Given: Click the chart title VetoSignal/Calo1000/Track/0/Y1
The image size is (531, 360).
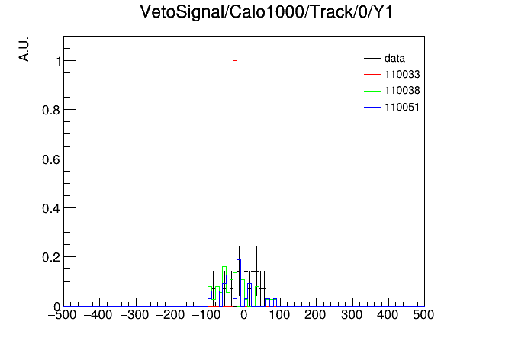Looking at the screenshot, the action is coord(266,12).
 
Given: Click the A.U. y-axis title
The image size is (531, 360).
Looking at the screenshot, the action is coord(24,49).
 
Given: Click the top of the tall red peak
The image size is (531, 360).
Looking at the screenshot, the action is coord(235,60).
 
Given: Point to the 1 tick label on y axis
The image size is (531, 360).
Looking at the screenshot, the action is coord(59,61).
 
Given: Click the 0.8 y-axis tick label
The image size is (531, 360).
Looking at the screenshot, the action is coord(52,110).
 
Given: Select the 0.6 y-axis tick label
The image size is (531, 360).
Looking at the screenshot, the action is coord(52,159).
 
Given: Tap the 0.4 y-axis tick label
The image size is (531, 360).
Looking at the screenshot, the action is coord(52,208).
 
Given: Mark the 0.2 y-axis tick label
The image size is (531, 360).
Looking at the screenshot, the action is coord(52,257).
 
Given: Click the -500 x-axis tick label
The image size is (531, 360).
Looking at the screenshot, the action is coord(63,315).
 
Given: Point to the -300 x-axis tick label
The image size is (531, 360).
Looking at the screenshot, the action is coord(134,315).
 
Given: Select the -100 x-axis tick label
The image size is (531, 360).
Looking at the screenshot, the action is coord(206,315).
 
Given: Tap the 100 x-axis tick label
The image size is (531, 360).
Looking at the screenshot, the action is coord(279,315).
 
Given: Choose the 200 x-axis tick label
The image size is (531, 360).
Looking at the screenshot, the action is coord(315,315).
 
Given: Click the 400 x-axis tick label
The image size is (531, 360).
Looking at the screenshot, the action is coord(388,315).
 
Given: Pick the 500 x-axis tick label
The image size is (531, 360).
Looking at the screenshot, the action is coord(423,315).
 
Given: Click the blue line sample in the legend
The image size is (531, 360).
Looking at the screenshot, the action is coord(372,108).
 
